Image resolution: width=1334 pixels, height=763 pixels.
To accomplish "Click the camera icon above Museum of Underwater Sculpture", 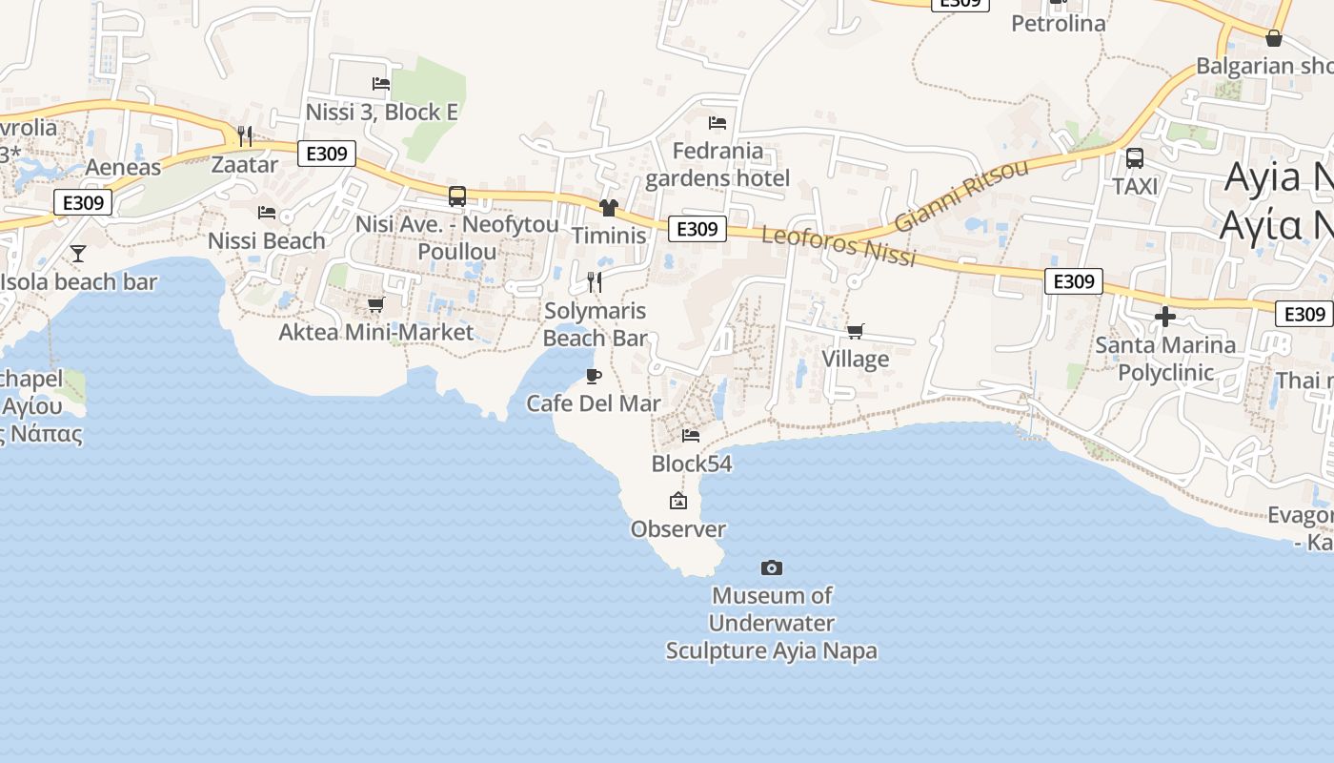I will [772, 568].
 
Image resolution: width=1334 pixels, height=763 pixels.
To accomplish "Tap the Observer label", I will [678, 529].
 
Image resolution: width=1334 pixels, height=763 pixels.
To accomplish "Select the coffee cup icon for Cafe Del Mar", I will [593, 376].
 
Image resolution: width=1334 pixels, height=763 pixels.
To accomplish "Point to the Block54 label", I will [692, 464].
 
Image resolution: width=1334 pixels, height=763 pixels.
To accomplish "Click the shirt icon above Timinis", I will [609, 208].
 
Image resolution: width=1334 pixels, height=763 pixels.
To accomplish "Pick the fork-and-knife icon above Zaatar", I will [245, 136].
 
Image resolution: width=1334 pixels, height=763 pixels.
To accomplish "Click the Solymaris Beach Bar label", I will [596, 324].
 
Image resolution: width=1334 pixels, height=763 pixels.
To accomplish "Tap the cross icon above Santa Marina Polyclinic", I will [1164, 317].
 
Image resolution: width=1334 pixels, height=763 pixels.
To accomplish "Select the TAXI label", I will [1135, 186].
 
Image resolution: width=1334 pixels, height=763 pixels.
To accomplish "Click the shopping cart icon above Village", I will [855, 332].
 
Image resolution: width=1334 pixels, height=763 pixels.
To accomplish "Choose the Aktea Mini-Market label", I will [375, 332].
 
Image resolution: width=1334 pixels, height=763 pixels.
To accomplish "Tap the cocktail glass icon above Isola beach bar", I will [78, 254].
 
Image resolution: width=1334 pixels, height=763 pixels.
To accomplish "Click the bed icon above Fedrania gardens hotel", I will [718, 123].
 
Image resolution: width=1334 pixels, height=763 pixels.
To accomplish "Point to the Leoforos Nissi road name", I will [839, 246].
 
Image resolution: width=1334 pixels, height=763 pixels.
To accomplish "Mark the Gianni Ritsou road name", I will [961, 196].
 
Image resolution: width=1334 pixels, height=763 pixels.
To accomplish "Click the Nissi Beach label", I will [267, 241].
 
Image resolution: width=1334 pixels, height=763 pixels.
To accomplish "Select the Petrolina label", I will [1058, 24].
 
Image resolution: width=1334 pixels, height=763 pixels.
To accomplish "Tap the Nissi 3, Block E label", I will [381, 113].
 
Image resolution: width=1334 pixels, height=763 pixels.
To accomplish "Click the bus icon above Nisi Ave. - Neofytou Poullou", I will [457, 196].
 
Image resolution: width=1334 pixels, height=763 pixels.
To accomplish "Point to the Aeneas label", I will [123, 168].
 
